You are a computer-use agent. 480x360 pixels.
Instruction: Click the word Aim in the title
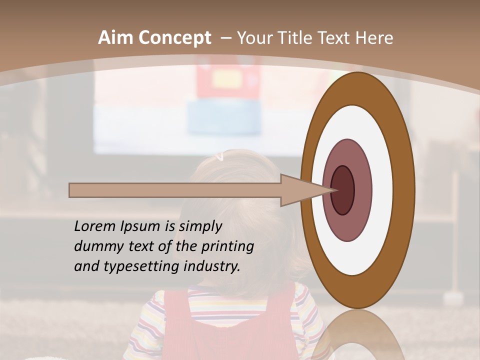[115, 38]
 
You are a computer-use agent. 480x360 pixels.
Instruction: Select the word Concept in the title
[174, 38]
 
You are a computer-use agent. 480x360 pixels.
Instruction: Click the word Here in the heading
[373, 38]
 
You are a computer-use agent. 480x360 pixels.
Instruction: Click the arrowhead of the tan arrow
[300, 190]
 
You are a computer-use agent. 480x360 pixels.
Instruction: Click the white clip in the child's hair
[219, 157]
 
